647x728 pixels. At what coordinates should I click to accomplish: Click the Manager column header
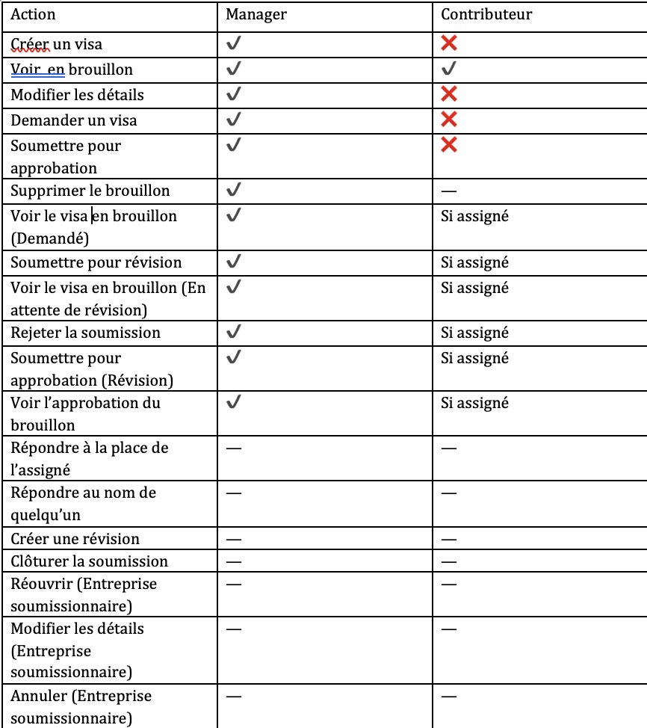256,14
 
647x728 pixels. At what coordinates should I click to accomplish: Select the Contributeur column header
486,14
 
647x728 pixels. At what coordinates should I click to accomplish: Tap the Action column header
33,14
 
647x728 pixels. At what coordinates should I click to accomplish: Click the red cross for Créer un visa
449,43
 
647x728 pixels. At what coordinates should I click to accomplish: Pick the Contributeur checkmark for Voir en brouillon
449,69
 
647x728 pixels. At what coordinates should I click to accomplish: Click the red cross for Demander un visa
449,120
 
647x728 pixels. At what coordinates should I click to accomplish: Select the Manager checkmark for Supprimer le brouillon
234,190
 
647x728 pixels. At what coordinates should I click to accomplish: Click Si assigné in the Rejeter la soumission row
474,333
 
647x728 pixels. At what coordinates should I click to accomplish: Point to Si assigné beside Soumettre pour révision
474,262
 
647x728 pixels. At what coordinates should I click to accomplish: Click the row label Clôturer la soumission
89,561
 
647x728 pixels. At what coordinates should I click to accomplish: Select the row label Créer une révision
75,539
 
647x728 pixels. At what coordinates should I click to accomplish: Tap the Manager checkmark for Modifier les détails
234,94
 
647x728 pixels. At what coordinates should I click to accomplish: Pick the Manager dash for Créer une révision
234,540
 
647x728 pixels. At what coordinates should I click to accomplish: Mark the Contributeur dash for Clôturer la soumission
449,562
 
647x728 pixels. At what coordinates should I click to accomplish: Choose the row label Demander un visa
74,120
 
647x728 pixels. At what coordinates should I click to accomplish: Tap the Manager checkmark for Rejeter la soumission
234,332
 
